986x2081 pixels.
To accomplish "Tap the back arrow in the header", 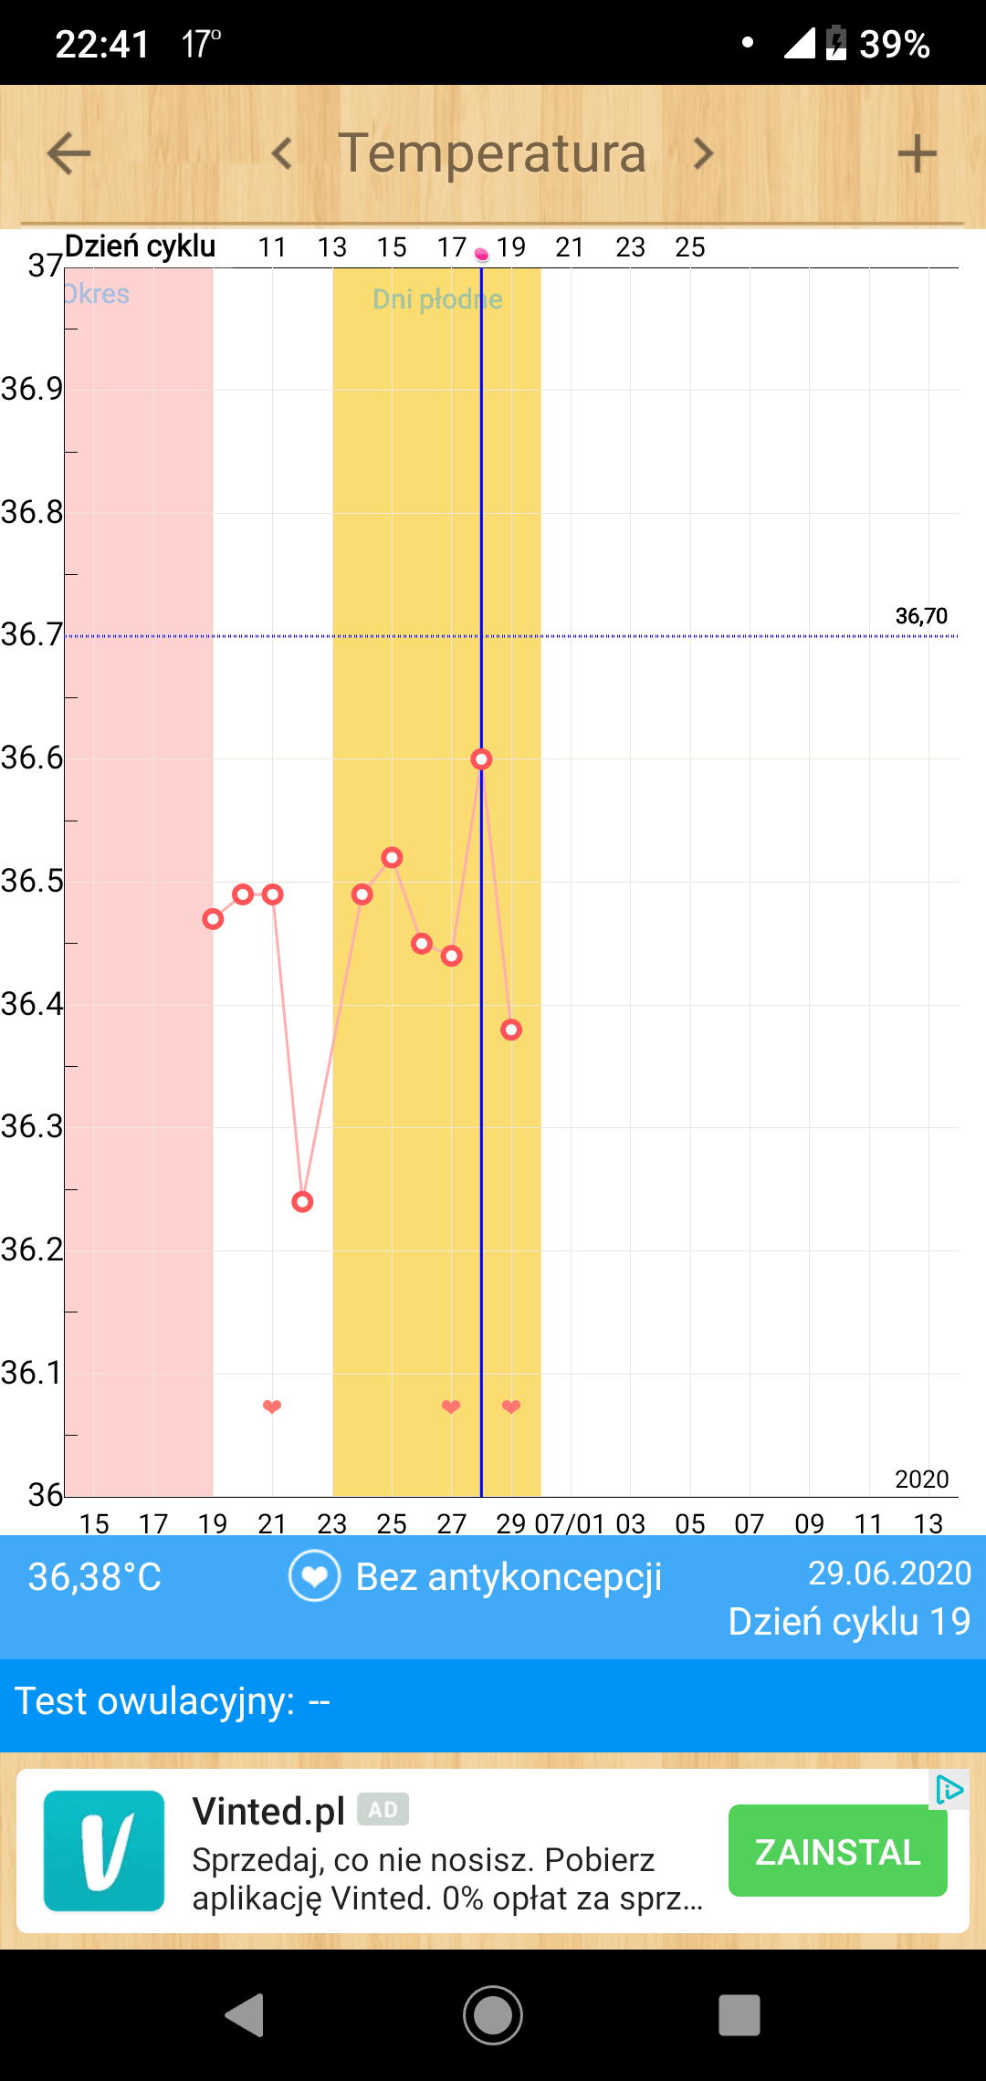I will pyautogui.click(x=69, y=153).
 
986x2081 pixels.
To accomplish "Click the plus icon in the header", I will pyautogui.click(x=917, y=153).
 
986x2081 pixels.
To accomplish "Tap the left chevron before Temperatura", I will pyautogui.click(x=282, y=153).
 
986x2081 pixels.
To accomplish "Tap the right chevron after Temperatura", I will pyautogui.click(x=702, y=153).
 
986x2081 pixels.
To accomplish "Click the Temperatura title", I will pyautogui.click(x=492, y=153).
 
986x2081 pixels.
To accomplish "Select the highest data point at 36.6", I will pyautogui.click(x=481, y=759).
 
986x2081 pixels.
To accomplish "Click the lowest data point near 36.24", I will pyautogui.click(x=302, y=1201).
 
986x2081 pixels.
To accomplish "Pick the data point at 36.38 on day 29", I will pyautogui.click(x=511, y=1030).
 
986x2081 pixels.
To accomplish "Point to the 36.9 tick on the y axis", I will pyautogui.click(x=33, y=390).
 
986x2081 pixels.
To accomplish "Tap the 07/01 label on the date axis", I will pyautogui.click(x=570, y=1523).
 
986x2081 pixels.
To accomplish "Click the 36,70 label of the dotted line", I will pyautogui.click(x=921, y=616).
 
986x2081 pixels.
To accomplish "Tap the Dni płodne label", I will pyautogui.click(x=437, y=299).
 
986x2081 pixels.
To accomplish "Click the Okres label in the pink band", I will pyautogui.click(x=97, y=294).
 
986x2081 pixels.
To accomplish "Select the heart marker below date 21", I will pyautogui.click(x=272, y=1407).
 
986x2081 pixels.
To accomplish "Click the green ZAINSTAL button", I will pyautogui.click(x=837, y=1851).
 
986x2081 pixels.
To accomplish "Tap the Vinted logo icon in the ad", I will pyautogui.click(x=104, y=1851).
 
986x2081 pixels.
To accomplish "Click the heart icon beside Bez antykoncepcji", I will pyautogui.click(x=314, y=1576).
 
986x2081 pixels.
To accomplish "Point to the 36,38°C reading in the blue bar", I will pyautogui.click(x=95, y=1576).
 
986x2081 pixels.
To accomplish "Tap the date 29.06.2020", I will pyautogui.click(x=889, y=1573).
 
